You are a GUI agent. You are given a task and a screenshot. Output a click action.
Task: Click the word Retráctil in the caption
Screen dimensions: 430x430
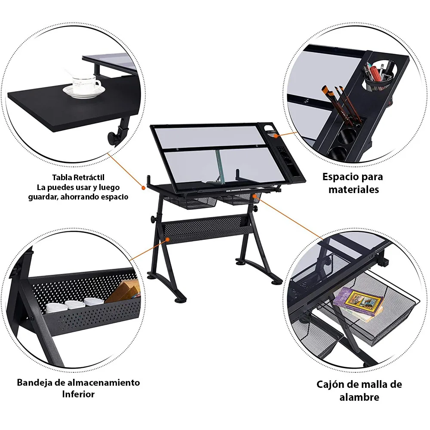[89, 177]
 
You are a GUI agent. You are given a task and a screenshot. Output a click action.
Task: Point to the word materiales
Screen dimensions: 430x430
[354, 189]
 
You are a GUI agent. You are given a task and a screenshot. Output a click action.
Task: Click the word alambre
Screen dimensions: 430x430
[359, 397]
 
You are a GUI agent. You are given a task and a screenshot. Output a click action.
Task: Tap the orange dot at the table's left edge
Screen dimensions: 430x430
[144, 187]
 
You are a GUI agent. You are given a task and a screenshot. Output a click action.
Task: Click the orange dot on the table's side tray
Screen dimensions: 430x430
[275, 136]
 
